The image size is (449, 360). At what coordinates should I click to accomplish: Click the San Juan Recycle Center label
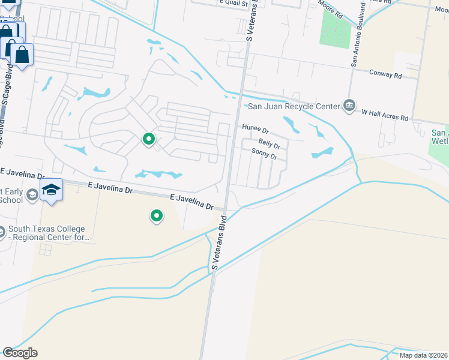pos(294,106)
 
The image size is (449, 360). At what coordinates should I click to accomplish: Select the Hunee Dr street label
pos(255,128)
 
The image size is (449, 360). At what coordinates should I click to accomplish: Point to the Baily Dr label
pos(270,142)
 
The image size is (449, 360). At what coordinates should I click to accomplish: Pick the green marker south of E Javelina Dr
pos(157,215)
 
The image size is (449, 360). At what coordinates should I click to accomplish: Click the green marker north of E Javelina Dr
pos(149,139)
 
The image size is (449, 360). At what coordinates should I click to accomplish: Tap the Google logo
pos(20,353)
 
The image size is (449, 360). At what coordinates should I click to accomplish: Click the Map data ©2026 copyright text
pos(423,355)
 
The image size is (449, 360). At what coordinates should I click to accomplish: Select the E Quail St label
pos(234,2)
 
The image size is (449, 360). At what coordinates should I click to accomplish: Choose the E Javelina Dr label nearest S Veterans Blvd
pos(191,201)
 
